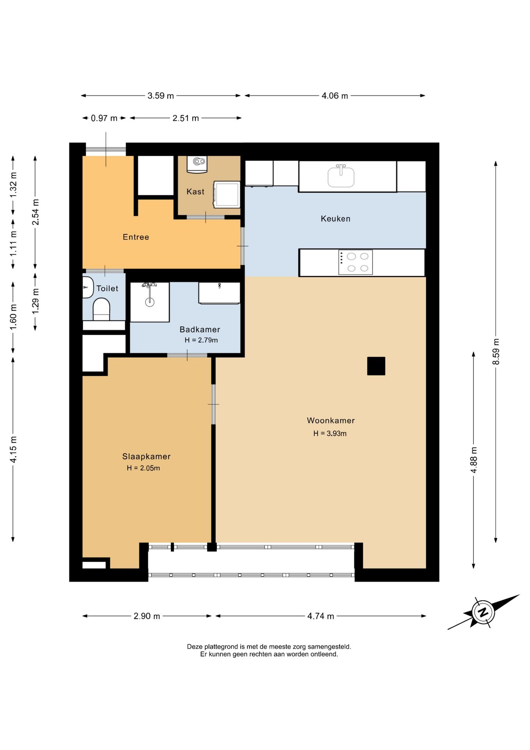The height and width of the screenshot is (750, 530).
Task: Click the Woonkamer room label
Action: coord(331,421)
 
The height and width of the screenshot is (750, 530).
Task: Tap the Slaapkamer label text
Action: coord(146,457)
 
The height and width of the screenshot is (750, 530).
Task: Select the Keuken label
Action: coord(336,219)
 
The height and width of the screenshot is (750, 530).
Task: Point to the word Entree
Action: coord(136,237)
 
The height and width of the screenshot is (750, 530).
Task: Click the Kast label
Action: coord(196,191)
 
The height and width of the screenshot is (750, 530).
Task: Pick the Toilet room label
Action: coord(107,288)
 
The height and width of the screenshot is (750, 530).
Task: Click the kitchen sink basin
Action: coord(341,177)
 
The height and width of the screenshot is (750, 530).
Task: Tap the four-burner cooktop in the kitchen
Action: coord(356,262)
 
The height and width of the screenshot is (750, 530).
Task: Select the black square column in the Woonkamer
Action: coord(376,366)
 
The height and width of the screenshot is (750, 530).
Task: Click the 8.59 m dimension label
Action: coord(496,352)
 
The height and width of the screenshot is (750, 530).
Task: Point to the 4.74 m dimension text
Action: coord(321,616)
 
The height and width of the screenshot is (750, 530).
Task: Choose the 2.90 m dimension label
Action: coord(147,616)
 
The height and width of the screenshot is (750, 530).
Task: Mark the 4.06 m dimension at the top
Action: coord(335,96)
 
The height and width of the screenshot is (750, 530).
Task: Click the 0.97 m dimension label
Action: coord(104,118)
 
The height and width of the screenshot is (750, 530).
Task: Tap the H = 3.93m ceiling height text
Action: coord(330,433)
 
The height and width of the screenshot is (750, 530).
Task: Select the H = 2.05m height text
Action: coord(143,468)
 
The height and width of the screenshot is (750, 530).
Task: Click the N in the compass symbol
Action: coord(483,612)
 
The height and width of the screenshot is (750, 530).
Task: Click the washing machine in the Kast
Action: coord(227,194)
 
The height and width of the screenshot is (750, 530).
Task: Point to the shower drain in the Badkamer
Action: coord(149,302)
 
